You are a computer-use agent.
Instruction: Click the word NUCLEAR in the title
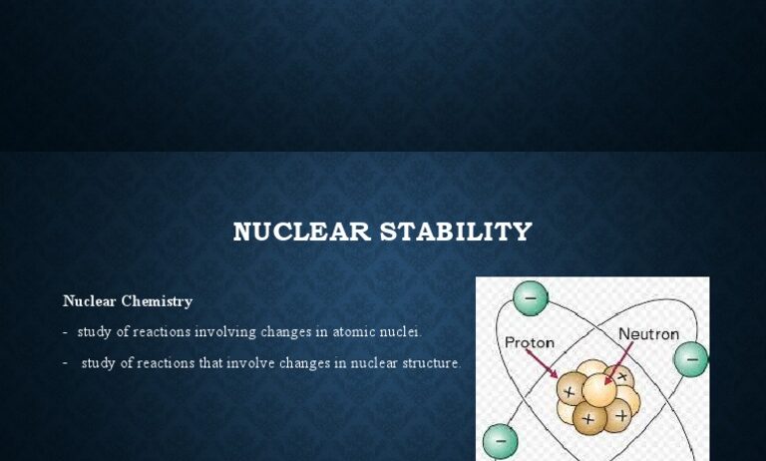(302, 231)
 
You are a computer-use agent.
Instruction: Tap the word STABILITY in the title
(456, 231)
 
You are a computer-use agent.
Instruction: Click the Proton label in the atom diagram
(529, 342)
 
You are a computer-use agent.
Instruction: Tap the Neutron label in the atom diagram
(648, 334)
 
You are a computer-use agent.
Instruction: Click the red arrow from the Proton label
(542, 364)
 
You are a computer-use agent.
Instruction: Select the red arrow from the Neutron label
(618, 363)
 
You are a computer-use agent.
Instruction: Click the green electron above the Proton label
(531, 298)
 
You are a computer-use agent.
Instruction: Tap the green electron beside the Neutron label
(691, 359)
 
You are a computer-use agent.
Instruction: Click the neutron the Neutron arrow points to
(599, 390)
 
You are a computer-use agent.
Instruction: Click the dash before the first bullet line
(65, 333)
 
